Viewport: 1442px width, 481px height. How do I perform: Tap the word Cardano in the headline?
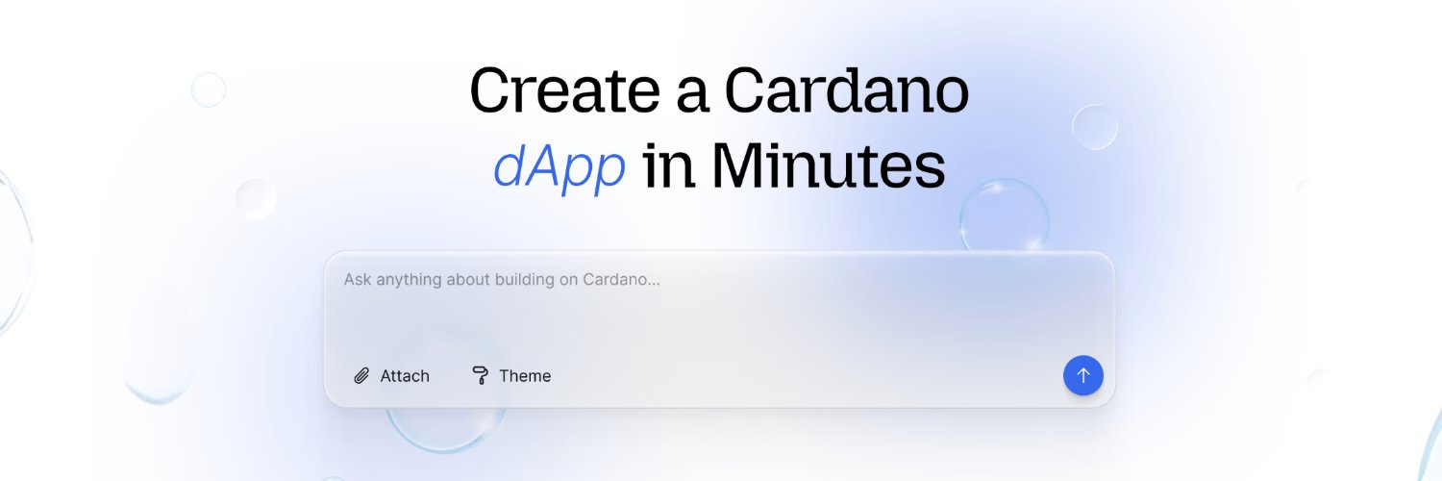tap(846, 93)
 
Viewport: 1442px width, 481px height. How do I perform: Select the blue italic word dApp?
tap(559, 167)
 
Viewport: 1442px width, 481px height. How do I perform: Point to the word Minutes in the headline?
tap(828, 165)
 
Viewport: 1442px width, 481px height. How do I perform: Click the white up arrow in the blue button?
tap(1083, 375)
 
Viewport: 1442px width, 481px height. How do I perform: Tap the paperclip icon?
tap(361, 376)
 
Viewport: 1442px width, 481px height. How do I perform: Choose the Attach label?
tap(405, 376)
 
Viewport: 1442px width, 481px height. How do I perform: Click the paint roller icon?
tap(480, 375)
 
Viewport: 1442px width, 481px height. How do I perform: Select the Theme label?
tap(525, 376)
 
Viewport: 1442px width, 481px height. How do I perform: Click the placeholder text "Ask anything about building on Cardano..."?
tap(502, 280)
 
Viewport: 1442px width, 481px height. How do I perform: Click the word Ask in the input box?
tap(358, 280)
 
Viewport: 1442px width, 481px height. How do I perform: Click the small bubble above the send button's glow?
tap(1094, 127)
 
